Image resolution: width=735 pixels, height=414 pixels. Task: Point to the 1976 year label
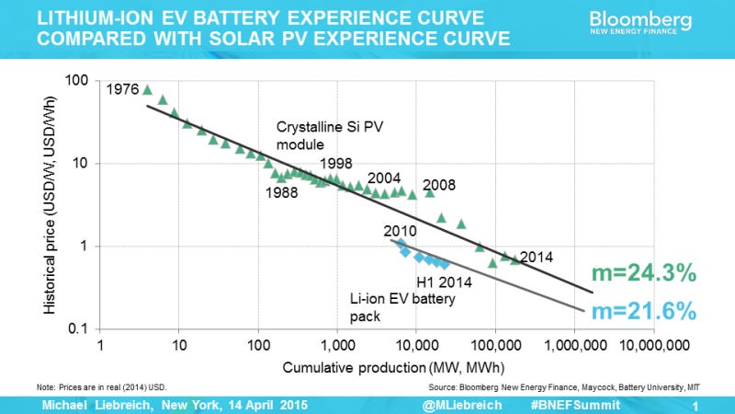[122, 90]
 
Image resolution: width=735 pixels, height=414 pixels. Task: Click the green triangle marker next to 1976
[147, 89]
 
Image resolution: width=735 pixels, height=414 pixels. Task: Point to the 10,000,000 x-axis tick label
[653, 349]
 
